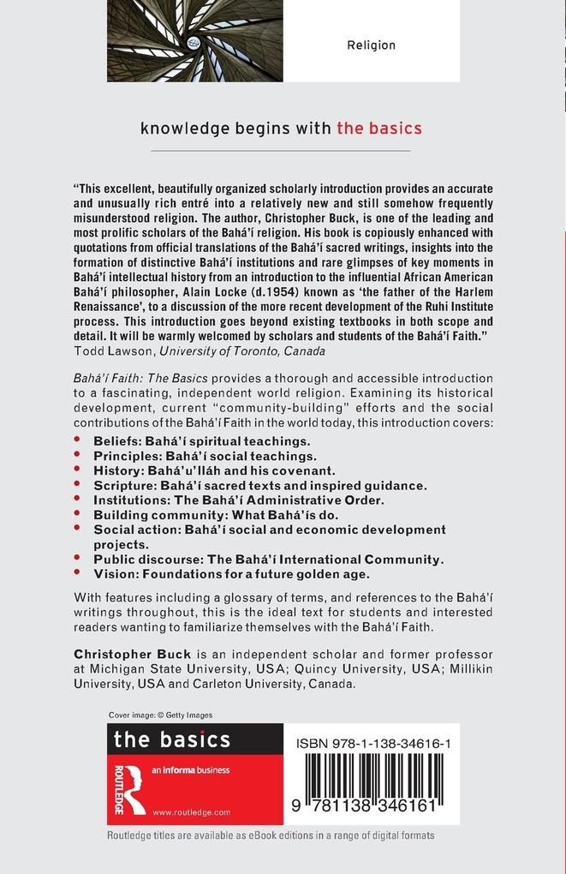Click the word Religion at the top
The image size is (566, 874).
coord(371,45)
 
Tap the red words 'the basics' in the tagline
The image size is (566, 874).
coord(378,129)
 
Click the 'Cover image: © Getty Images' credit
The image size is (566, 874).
coord(161,715)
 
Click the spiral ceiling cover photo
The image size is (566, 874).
coord(194,40)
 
